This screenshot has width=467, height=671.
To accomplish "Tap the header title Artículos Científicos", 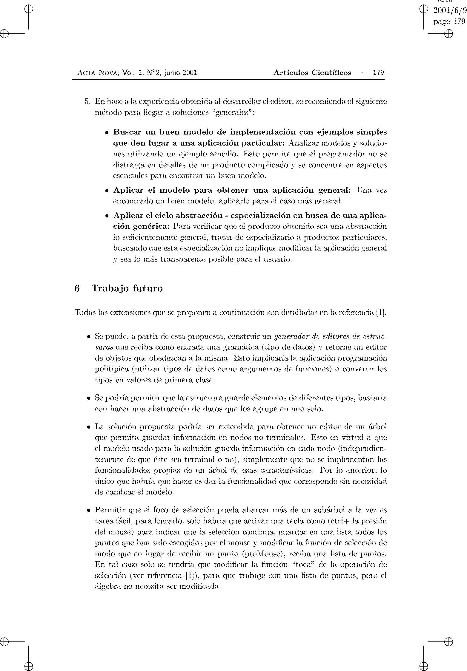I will pyautogui.click(x=312, y=73).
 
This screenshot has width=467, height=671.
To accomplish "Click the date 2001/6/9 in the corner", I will pyautogui.click(x=449, y=11).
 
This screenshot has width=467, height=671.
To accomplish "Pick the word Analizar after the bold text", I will pyautogui.click(x=302, y=143).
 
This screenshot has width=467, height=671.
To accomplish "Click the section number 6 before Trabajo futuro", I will pyautogui.click(x=77, y=289).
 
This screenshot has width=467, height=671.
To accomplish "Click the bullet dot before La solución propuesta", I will pyautogui.click(x=89, y=427).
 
